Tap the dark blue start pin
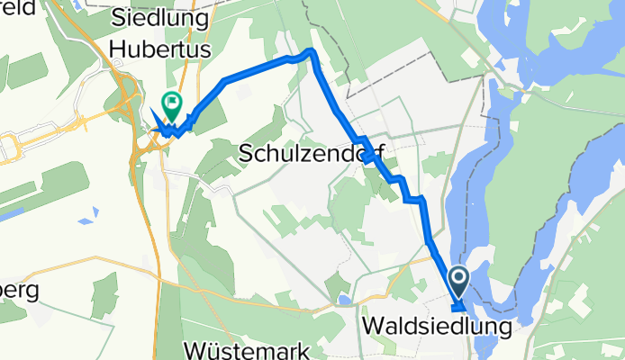(x=457, y=282)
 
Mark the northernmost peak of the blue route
(x=312, y=51)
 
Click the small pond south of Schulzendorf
(x=343, y=300)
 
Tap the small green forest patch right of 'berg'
(x=104, y=295)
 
